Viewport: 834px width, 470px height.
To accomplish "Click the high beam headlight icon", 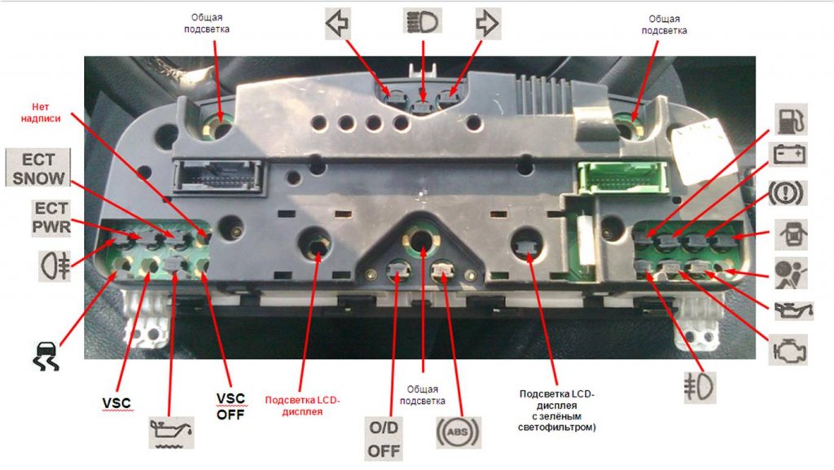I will click(x=422, y=20).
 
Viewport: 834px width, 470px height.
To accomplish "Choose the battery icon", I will click(x=788, y=155).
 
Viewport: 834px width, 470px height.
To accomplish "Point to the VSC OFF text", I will click(x=230, y=405).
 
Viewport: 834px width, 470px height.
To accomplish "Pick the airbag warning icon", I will click(x=788, y=269).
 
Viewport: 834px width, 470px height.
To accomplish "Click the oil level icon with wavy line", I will click(x=170, y=431).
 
